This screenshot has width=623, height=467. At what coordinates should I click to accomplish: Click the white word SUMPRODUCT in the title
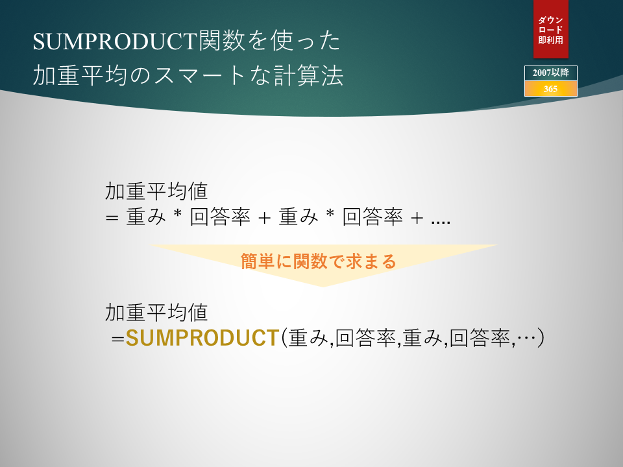tap(116, 42)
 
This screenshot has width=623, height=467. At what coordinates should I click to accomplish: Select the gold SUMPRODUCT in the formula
tap(202, 338)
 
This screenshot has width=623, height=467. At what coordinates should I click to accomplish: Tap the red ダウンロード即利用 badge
tap(551, 29)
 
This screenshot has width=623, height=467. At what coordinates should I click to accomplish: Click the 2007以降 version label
tap(551, 73)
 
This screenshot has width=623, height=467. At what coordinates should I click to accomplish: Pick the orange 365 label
tap(551, 89)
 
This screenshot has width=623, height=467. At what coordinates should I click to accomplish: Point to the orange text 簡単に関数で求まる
tap(318, 261)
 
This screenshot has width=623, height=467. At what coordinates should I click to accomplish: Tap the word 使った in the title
tap(306, 41)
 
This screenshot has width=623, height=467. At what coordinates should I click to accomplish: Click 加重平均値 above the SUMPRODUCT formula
tap(156, 313)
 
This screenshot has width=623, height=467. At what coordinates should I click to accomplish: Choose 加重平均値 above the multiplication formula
tap(156, 191)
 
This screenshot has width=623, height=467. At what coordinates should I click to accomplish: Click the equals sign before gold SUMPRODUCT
tap(118, 339)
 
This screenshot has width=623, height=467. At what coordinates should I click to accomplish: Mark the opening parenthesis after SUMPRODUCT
tap(284, 338)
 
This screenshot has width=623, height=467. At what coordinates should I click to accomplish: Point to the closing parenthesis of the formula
tap(541, 338)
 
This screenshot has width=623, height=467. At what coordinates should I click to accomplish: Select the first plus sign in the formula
tap(264, 218)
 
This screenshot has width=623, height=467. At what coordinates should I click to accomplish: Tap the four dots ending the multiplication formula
tap(441, 222)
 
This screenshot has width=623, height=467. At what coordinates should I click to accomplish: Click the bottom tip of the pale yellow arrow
tap(323, 287)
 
